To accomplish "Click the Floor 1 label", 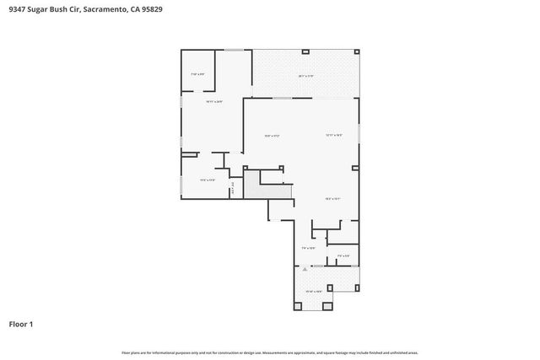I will [21, 324].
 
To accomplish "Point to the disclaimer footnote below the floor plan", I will [269, 352].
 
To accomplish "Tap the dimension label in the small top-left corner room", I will [198, 74].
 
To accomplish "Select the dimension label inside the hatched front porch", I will [313, 292].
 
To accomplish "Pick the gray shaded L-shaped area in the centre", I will [252, 185].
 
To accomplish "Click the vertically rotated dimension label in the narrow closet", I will [232, 190].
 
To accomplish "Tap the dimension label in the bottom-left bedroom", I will [208, 180].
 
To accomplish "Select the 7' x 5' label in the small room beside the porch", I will [343, 255].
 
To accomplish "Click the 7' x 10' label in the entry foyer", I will [308, 248].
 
